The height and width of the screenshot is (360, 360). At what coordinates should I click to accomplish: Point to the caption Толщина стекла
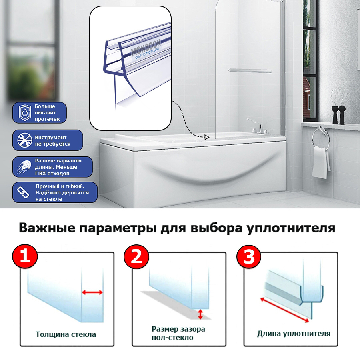click(66, 334)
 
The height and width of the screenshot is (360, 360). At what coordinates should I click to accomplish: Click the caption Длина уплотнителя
click(294, 333)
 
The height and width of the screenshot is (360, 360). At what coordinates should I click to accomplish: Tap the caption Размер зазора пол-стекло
click(178, 333)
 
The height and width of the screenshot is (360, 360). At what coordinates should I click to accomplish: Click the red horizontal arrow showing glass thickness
click(92, 292)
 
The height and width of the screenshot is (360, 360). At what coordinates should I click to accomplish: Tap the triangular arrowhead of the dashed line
click(206, 138)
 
